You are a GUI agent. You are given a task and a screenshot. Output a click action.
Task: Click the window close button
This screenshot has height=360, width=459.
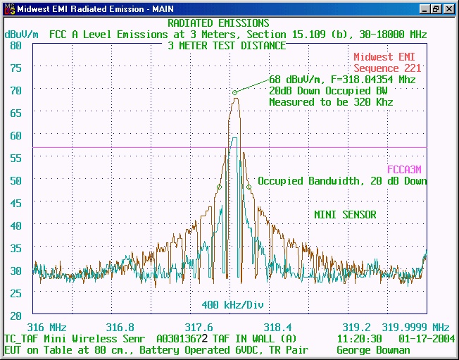point(450,9)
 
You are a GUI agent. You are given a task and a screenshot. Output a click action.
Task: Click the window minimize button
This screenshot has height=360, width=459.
point(426,9)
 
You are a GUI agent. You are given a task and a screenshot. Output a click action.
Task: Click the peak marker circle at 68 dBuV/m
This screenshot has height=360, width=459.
point(235,92)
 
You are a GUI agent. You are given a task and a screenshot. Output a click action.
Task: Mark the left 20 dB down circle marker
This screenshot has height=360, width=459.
point(219,187)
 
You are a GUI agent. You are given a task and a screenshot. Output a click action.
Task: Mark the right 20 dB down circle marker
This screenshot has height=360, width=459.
point(249,187)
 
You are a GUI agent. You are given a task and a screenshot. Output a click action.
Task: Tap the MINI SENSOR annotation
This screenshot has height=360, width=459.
point(345,215)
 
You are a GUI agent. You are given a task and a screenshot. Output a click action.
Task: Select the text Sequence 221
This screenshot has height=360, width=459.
point(387,68)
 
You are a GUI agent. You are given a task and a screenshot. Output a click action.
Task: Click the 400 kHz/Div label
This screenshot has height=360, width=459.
point(227,304)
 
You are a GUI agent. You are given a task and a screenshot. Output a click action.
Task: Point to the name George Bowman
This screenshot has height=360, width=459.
point(373,350)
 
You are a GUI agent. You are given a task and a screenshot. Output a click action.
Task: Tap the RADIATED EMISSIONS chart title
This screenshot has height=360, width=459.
point(218,23)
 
